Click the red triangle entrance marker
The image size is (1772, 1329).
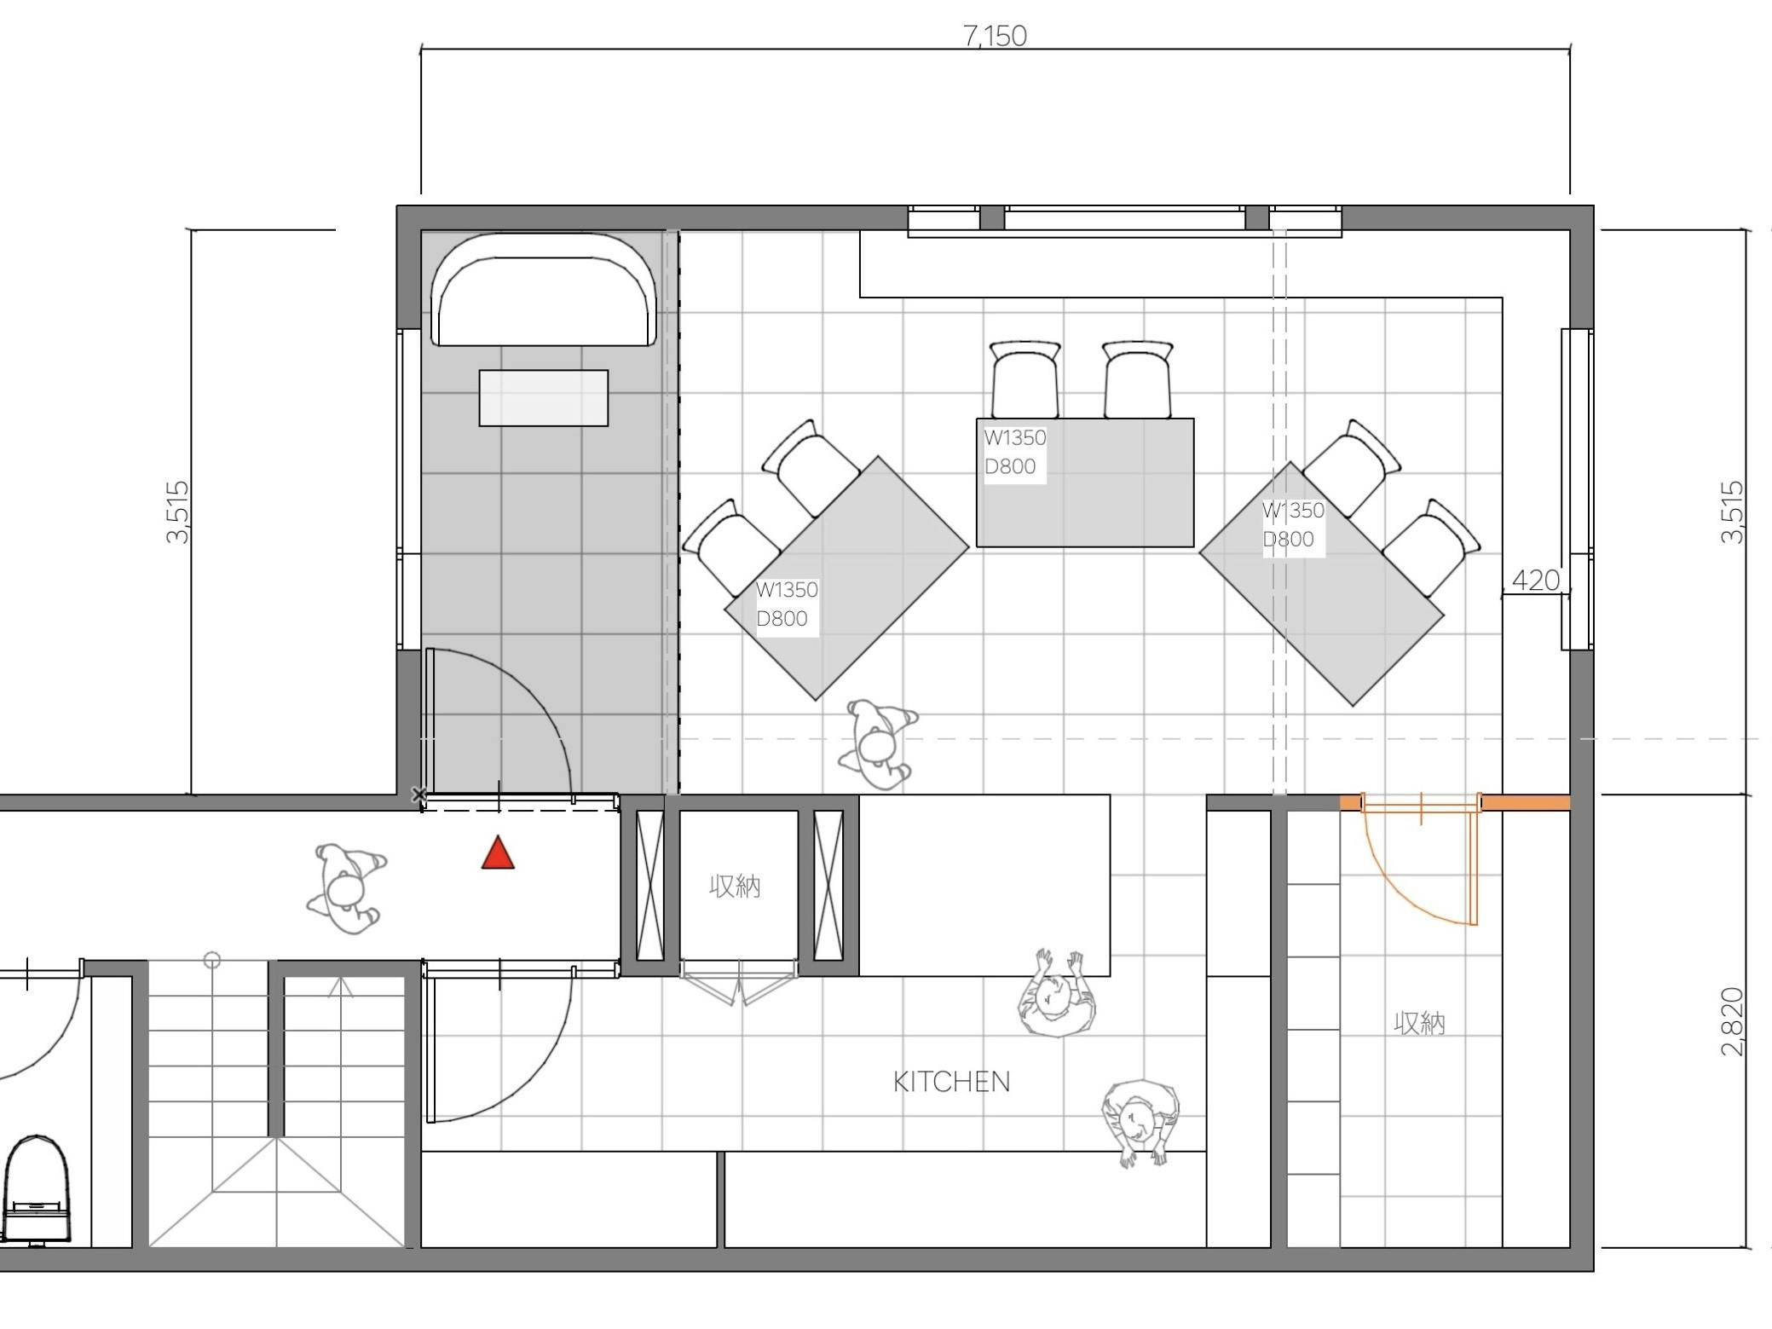coord(498,853)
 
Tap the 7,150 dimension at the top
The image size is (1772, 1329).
coord(995,36)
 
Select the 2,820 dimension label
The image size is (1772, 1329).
coord(1732,1021)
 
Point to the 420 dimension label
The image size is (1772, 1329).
coord(1535,581)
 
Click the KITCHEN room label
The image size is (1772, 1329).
coord(951,1082)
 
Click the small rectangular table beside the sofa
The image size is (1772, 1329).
coord(544,397)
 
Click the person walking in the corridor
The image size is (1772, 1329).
coord(347,887)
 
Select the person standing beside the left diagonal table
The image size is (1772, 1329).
coord(878,744)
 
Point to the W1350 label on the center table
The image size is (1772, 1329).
coord(1014,437)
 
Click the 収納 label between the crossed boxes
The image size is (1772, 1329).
coord(734,887)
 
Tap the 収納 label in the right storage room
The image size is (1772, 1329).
coord(1419,1023)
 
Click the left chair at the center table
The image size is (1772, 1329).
coord(1025,379)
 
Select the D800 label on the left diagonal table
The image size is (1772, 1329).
coord(782,618)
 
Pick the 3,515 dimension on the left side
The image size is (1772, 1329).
coord(178,512)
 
